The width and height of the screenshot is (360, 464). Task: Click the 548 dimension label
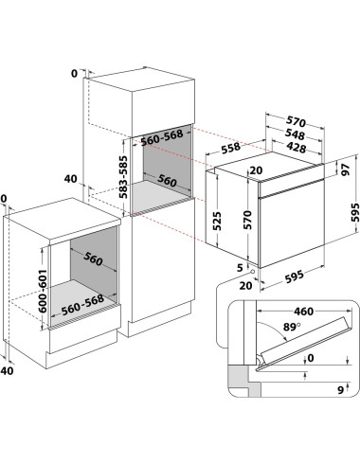click(x=295, y=134)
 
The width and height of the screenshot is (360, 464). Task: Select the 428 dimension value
click(x=297, y=147)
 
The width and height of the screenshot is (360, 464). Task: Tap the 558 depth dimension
click(x=231, y=148)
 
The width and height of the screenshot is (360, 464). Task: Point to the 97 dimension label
click(x=347, y=170)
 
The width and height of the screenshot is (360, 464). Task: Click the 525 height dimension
click(x=217, y=221)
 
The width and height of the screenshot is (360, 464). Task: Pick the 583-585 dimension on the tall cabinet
click(x=123, y=177)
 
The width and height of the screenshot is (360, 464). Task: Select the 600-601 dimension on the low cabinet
click(x=43, y=291)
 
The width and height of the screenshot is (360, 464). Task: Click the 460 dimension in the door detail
click(x=303, y=312)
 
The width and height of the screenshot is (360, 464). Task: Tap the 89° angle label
click(x=292, y=327)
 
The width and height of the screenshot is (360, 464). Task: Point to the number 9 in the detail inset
click(x=340, y=390)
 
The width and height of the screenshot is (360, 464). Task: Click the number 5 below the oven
click(x=240, y=268)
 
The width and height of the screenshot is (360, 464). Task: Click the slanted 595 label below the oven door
click(x=294, y=277)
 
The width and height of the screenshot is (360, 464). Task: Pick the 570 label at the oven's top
click(x=296, y=121)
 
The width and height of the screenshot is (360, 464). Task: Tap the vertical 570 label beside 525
click(x=247, y=220)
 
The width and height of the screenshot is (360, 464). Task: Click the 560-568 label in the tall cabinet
click(x=162, y=137)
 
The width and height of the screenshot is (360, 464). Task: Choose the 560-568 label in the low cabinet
click(x=82, y=305)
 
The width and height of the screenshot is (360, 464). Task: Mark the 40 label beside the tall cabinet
click(x=70, y=179)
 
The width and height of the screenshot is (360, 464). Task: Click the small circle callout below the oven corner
click(x=253, y=271)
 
